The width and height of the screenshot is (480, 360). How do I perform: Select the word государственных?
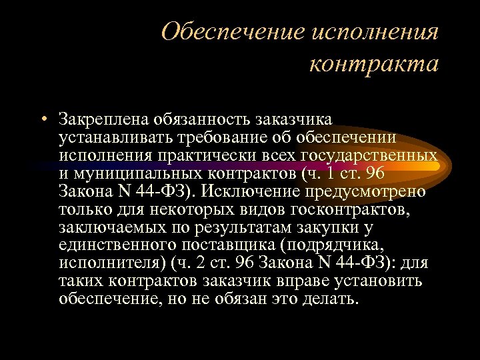coord(367,155)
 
